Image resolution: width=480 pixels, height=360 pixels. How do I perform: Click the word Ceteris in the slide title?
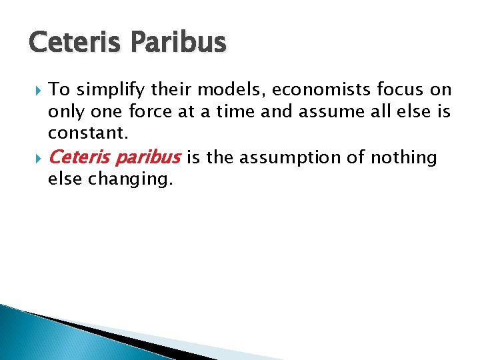point(71,43)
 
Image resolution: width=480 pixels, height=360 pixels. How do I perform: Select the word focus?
point(399,90)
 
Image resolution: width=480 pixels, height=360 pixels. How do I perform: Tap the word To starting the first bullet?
point(59,90)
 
